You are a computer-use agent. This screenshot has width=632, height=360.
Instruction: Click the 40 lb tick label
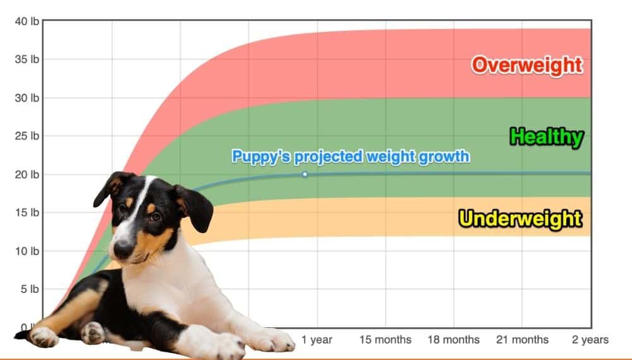pyautogui.click(x=27, y=21)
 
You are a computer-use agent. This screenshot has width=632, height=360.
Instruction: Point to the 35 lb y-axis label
pyautogui.click(x=27, y=59)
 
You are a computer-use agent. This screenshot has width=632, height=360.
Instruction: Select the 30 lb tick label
pyautogui.click(x=27, y=98)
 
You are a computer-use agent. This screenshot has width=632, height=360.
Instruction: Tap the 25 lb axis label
pyautogui.click(x=27, y=136)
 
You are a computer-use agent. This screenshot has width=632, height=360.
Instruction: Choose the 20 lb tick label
pyautogui.click(x=27, y=174)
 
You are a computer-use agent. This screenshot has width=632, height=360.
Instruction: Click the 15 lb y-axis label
pyautogui.click(x=27, y=212)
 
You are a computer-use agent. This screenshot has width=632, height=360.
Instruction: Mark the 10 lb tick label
pyautogui.click(x=27, y=251)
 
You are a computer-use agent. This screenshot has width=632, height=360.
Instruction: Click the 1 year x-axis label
pyautogui.click(x=317, y=340)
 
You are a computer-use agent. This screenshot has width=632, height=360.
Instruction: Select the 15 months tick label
pyautogui.click(x=386, y=340)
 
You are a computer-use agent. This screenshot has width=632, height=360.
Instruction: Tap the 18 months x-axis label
pyautogui.click(x=453, y=340)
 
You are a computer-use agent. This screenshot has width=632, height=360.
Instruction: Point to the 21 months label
pyautogui.click(x=522, y=340)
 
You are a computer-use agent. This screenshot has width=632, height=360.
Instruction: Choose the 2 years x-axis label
pyautogui.click(x=590, y=340)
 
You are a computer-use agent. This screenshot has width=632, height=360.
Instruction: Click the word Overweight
pyautogui.click(x=526, y=64)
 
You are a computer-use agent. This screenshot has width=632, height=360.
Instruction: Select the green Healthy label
pyautogui.click(x=546, y=136)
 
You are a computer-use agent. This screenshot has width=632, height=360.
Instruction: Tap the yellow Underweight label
pyautogui.click(x=520, y=219)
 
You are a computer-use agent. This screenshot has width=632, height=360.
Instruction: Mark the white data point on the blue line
pyautogui.click(x=305, y=174)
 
